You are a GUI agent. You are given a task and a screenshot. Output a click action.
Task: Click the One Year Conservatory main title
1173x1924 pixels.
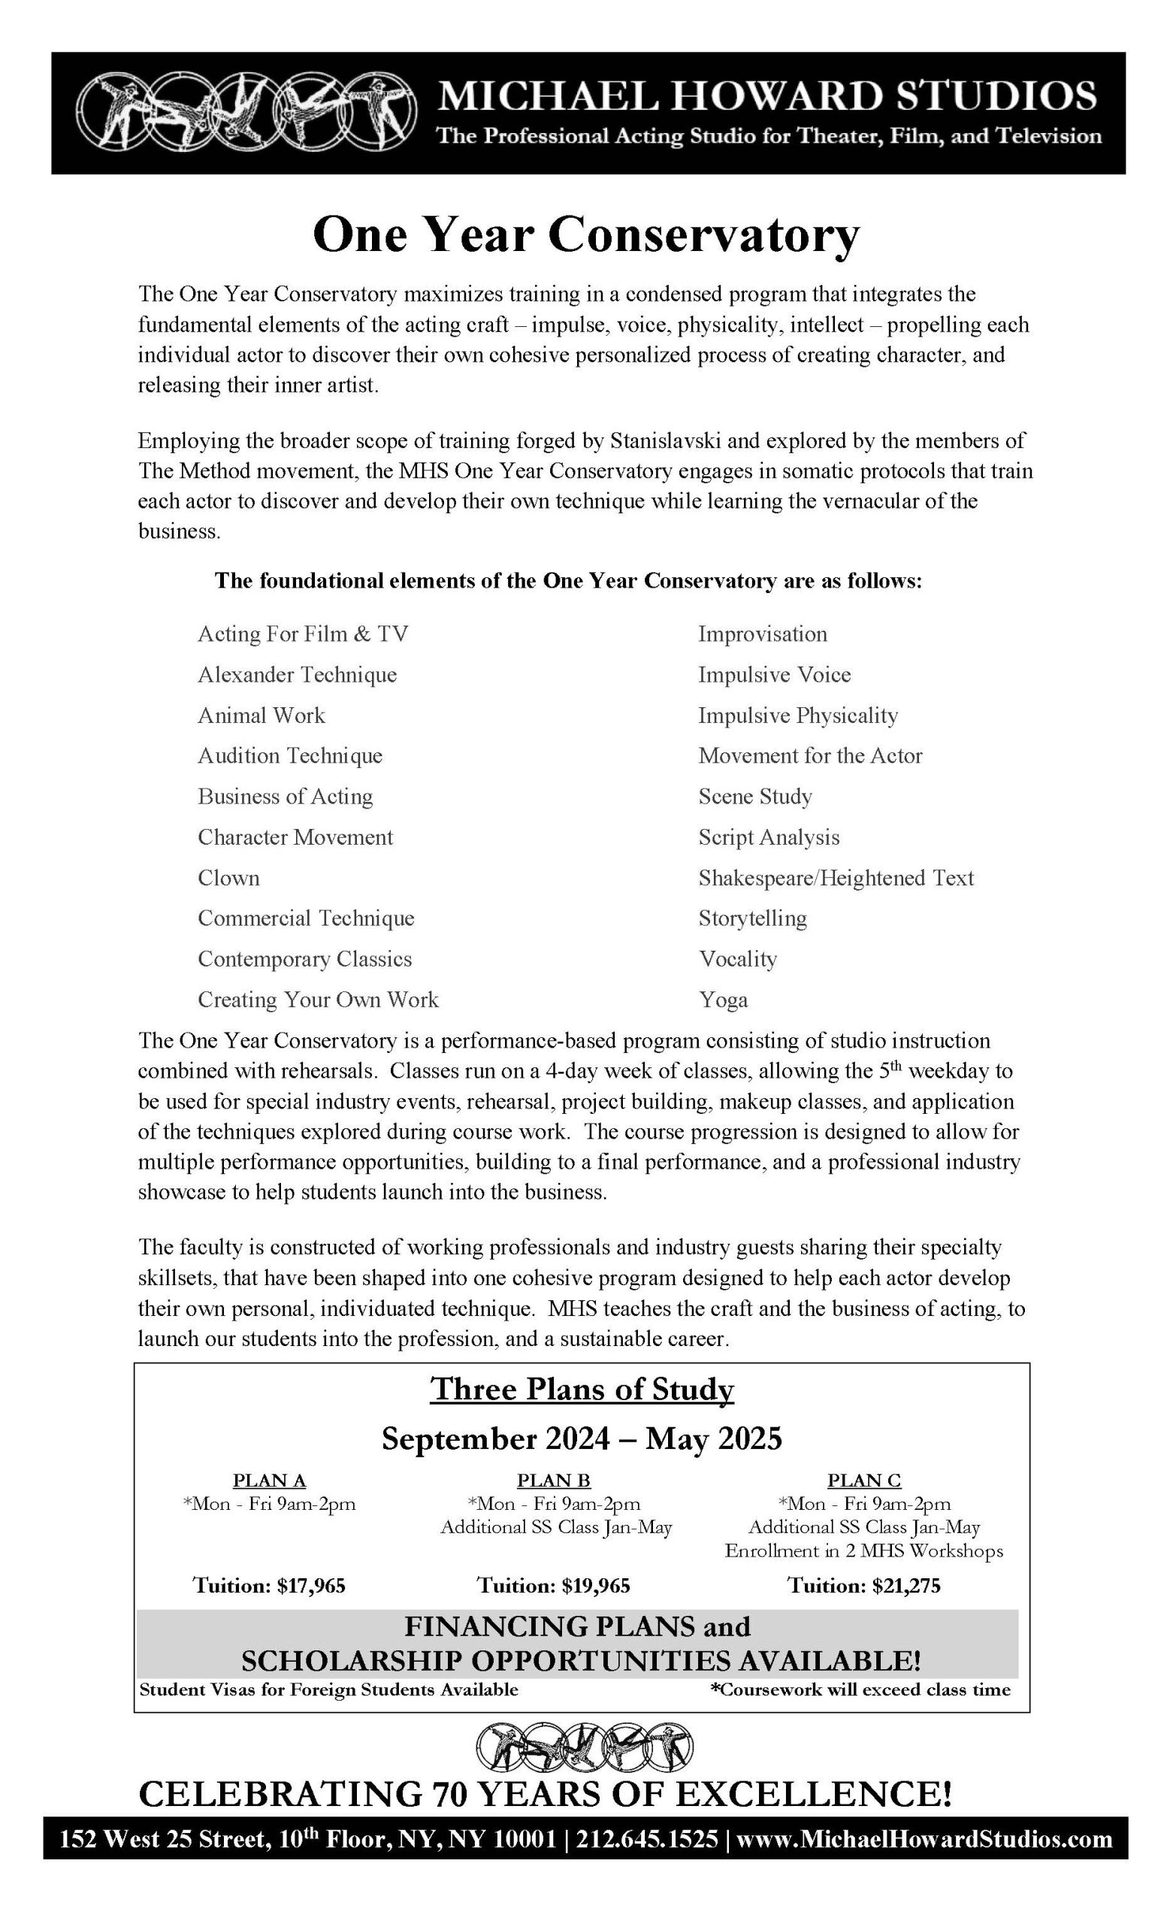(585, 234)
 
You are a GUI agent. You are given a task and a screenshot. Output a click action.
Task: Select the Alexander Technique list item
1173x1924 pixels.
(297, 675)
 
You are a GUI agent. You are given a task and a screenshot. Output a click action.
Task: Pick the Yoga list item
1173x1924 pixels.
(722, 1000)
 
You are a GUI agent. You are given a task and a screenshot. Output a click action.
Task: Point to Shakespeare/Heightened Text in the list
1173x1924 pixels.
(836, 878)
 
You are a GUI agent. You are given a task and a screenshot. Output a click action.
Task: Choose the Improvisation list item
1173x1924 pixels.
(762, 634)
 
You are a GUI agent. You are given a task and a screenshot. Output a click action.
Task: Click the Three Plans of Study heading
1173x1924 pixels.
(582, 1389)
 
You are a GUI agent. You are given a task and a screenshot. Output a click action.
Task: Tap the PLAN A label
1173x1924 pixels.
(269, 1481)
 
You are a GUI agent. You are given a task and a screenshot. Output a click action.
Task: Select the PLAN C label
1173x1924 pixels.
(863, 1481)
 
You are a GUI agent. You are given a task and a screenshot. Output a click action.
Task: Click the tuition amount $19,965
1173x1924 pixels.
(553, 1585)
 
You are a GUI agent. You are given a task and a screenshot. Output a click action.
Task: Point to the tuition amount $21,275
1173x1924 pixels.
(863, 1585)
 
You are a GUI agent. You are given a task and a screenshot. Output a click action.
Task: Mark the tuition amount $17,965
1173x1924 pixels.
(269, 1585)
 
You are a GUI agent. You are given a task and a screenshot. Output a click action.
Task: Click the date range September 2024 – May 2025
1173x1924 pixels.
(582, 1438)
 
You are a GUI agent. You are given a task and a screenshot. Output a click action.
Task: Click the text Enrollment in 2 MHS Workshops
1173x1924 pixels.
(863, 1550)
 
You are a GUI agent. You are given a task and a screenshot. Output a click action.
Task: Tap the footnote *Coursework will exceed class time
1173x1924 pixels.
(860, 1690)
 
